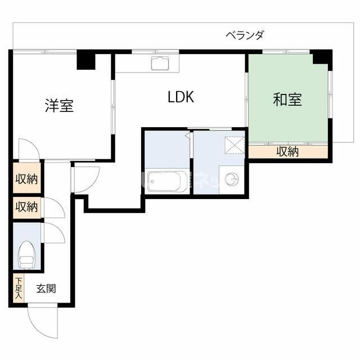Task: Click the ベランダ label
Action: click(x=245, y=35)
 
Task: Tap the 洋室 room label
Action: click(x=59, y=105)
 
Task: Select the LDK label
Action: click(x=181, y=97)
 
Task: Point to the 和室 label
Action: click(x=287, y=100)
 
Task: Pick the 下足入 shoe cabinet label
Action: click(x=19, y=287)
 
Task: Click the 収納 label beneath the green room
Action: click(x=287, y=151)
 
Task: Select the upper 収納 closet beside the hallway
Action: click(x=26, y=179)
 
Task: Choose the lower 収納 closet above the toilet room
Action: click(x=26, y=206)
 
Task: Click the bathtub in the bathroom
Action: click(x=167, y=181)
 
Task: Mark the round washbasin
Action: click(x=231, y=179)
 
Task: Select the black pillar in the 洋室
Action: click(x=87, y=60)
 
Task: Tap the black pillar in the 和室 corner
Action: click(x=322, y=57)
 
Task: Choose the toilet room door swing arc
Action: click(x=54, y=232)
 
